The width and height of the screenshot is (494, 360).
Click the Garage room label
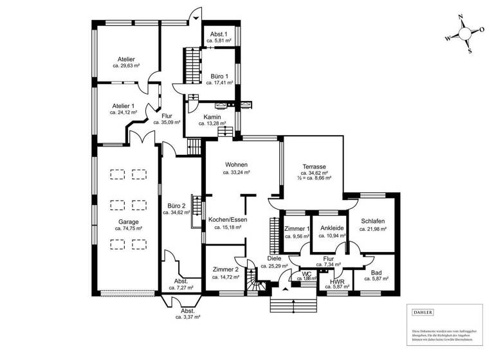[x=128, y=221]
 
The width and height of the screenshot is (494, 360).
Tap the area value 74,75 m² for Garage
[x=128, y=228]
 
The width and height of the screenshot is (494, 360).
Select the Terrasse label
[x=316, y=166]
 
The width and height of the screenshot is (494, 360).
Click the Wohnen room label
[x=236, y=165]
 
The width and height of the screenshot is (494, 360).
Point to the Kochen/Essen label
[x=225, y=219]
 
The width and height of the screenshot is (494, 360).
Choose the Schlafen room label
[x=372, y=221]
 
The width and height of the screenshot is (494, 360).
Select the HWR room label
[x=337, y=281]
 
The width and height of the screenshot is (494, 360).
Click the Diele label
[x=274, y=258]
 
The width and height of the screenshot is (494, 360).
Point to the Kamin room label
[x=212, y=117]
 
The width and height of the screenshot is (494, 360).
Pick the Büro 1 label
[x=219, y=76]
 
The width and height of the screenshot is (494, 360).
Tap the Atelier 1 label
[x=123, y=105]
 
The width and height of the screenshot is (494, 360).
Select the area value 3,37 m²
[x=187, y=317]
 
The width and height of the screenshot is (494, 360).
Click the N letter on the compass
[x=461, y=19]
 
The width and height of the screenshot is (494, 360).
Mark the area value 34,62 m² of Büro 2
[x=176, y=212]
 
